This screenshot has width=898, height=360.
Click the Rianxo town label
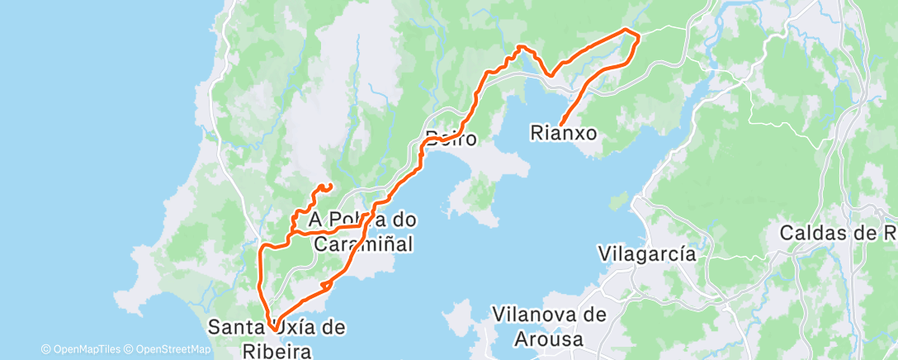pyautogui.click(x=564, y=131)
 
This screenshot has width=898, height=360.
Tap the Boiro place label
pyautogui.click(x=451, y=138)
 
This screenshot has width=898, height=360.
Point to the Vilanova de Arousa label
pyautogui.click(x=548, y=326)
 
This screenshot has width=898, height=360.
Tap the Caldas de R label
pyautogui.click(x=839, y=233)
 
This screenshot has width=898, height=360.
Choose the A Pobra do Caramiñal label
pyautogui.click(x=362, y=232)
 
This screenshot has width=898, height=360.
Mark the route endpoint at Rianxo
pyautogui.click(x=561, y=125)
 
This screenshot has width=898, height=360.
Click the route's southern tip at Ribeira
pyautogui.click(x=272, y=332)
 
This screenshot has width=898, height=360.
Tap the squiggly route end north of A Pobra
pyautogui.click(x=330, y=184)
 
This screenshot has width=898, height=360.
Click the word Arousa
pyautogui.click(x=548, y=339)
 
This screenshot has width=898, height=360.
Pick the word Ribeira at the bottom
pyautogui.click(x=276, y=351)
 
